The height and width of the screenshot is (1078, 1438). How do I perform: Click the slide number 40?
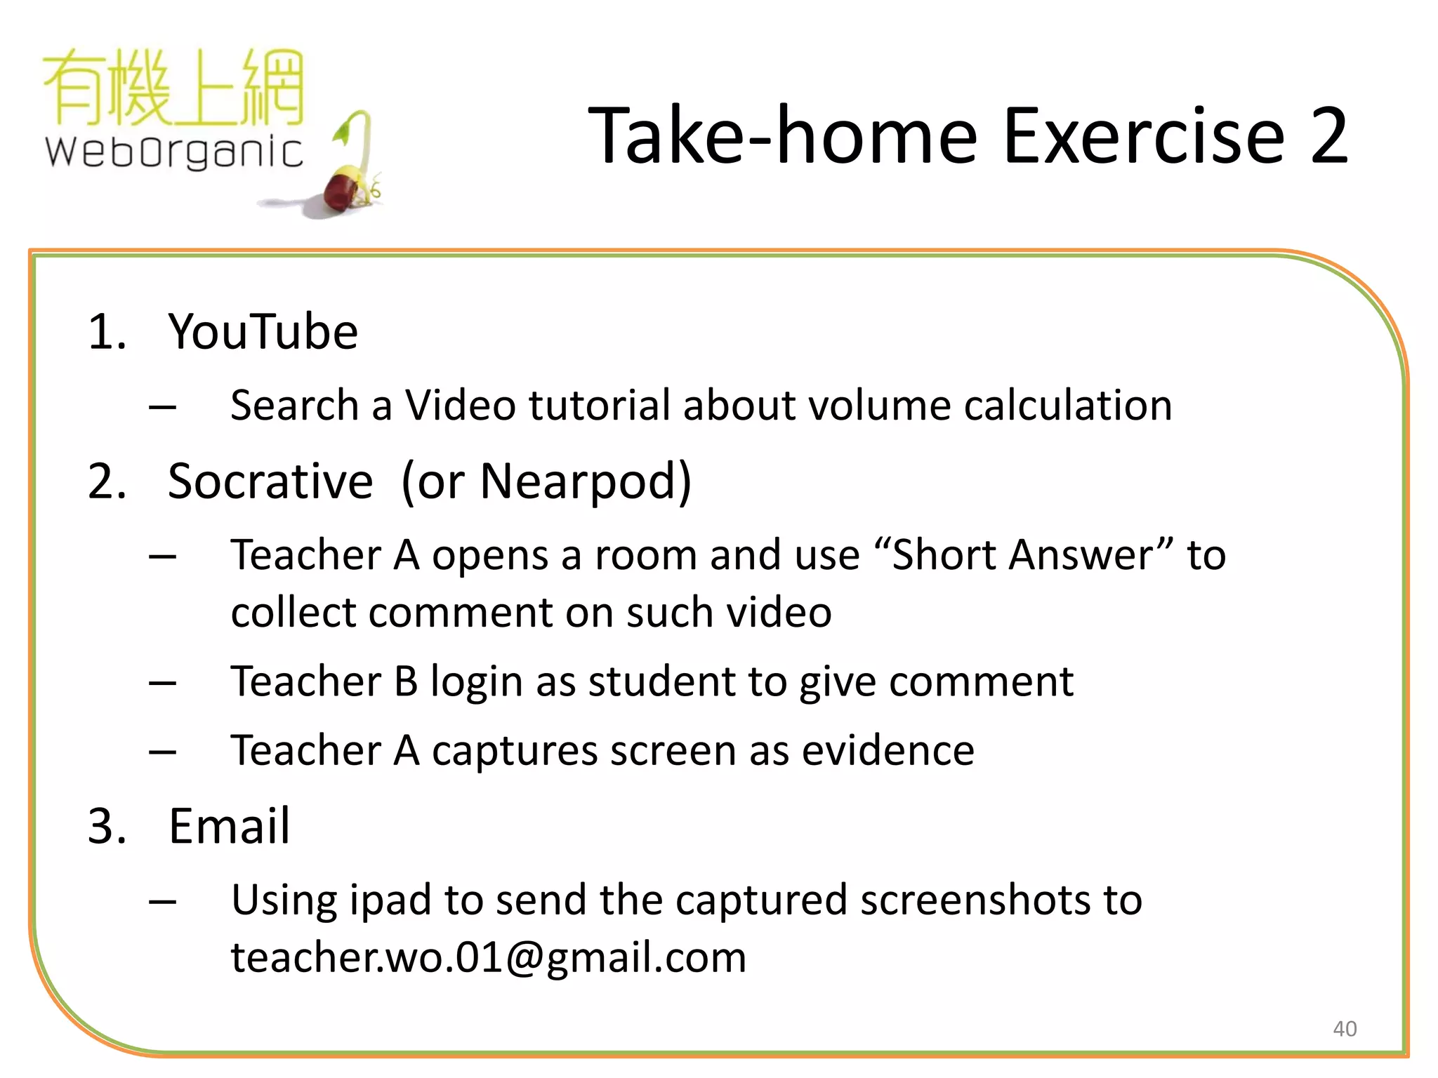click(x=1344, y=1029)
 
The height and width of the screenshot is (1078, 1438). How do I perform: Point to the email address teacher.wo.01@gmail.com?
click(x=489, y=957)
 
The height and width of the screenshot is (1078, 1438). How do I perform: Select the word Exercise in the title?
click(x=1144, y=135)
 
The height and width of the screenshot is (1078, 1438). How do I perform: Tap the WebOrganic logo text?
click(x=174, y=152)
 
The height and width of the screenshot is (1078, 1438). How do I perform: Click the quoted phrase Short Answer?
click(x=1022, y=554)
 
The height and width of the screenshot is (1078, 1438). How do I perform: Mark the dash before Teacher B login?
click(x=162, y=682)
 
